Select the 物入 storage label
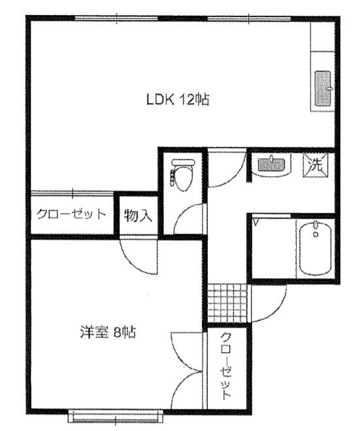coord(138,215)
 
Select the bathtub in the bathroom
coord(316,248)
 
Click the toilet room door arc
coord(186,219)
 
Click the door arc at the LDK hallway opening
coord(225,171)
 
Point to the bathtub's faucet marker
coord(316,229)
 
